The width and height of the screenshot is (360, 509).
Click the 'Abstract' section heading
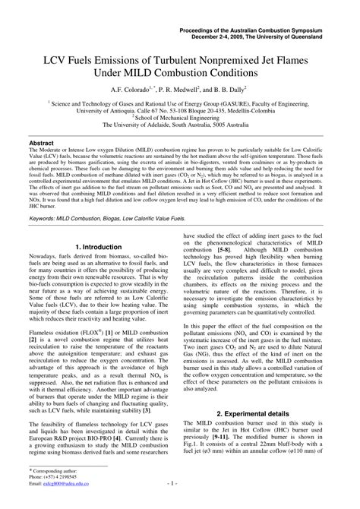click(x=42, y=143)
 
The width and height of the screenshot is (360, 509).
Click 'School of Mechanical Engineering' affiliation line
click(x=180, y=118)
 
